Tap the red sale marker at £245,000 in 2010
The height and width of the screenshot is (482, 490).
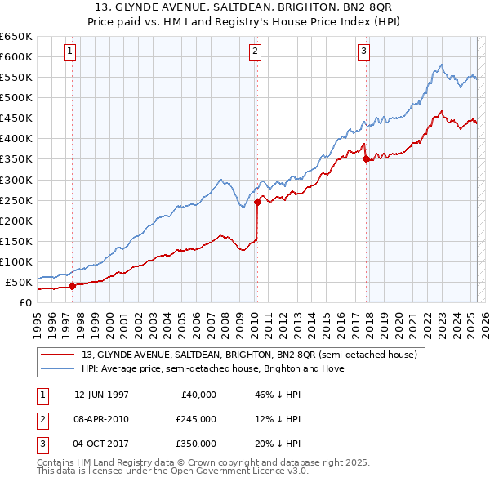coord(257,201)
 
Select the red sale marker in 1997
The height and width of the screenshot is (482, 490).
coord(72,286)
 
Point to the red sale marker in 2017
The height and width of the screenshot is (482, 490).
coord(366,159)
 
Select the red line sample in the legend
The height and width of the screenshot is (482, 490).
coord(58,355)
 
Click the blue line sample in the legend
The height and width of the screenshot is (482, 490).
coord(58,368)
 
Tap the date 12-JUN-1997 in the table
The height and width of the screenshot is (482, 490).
coord(101,394)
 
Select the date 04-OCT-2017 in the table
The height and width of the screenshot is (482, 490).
coord(101,444)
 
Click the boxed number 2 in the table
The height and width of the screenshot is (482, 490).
coord(41,419)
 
